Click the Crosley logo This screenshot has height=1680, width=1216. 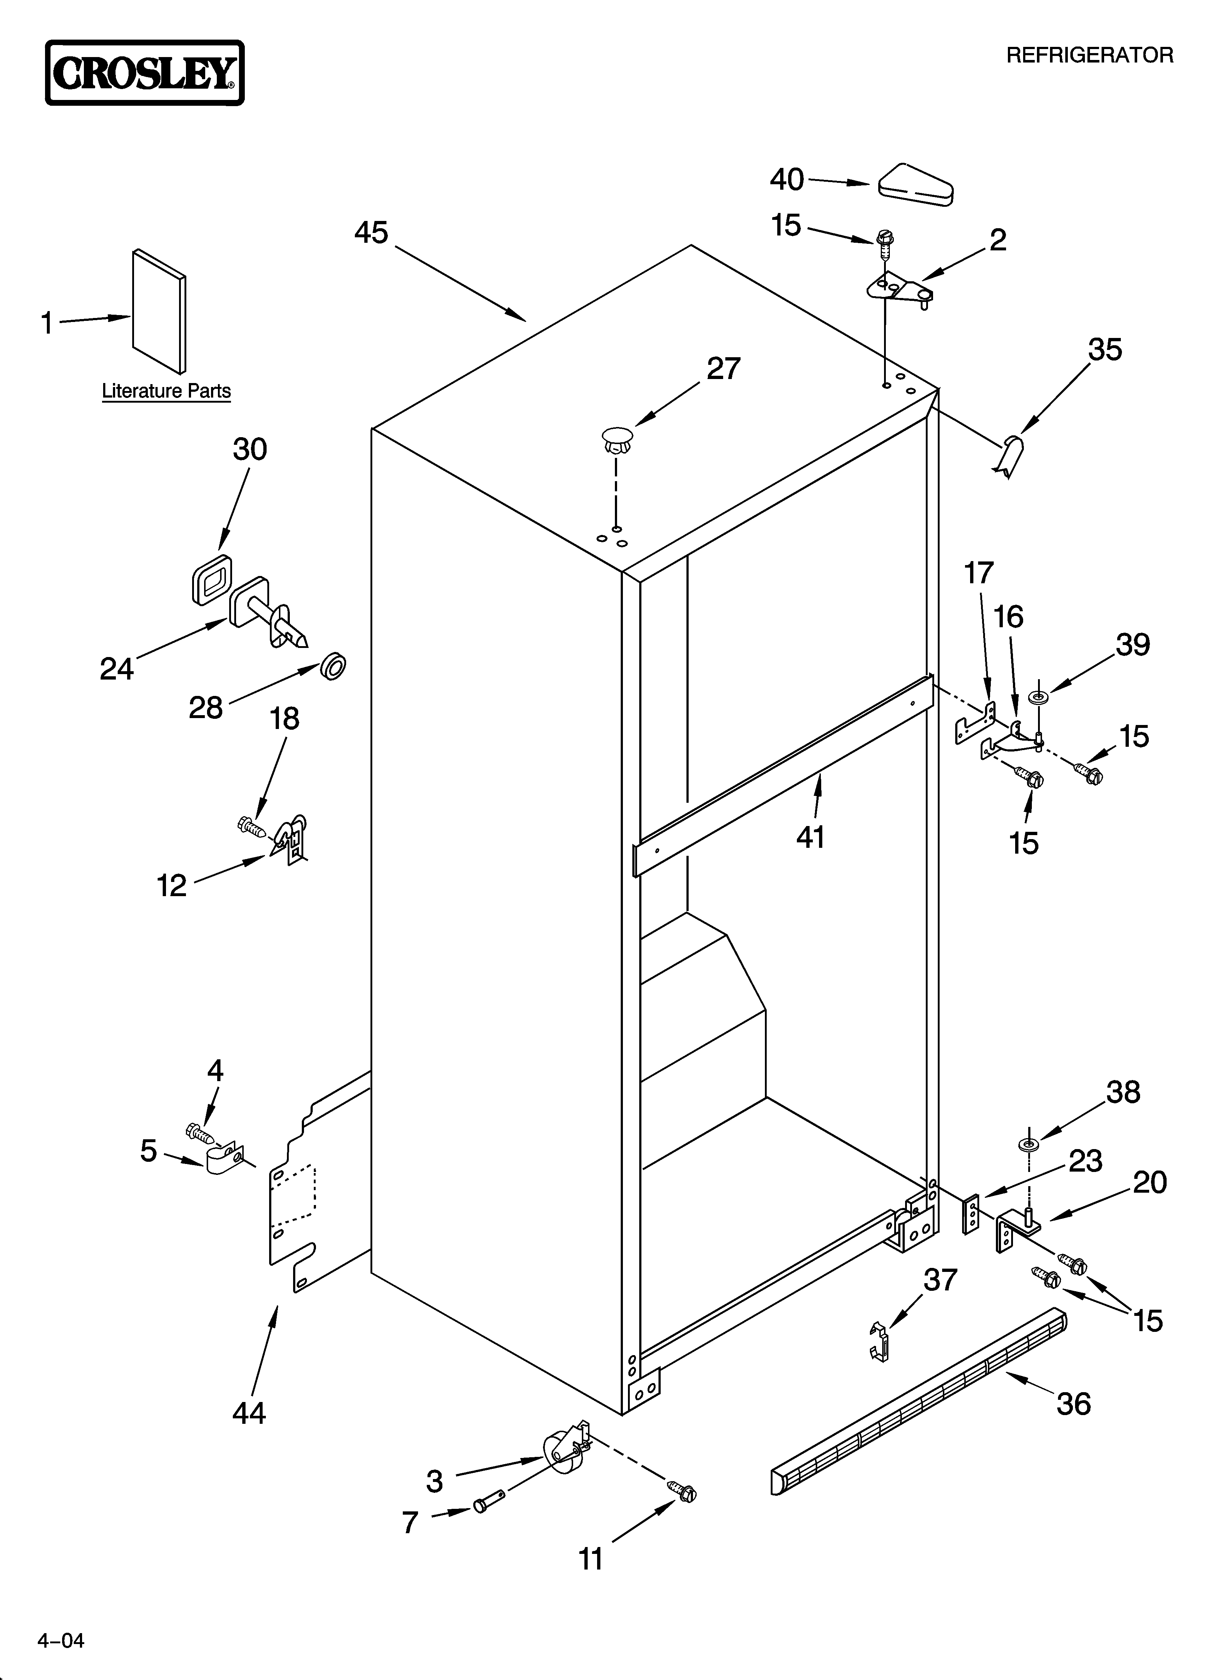(145, 73)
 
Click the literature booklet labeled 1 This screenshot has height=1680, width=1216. (159, 311)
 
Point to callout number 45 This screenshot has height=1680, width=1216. (371, 233)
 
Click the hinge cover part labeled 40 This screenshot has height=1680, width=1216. (915, 184)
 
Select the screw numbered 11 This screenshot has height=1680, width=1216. (683, 1489)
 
